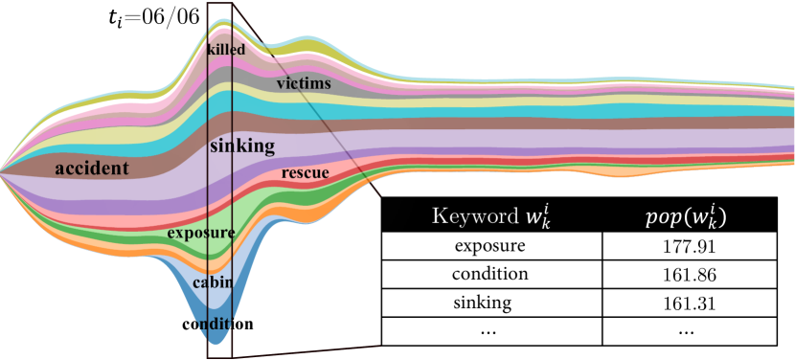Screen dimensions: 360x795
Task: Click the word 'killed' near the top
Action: pyautogui.click(x=226, y=49)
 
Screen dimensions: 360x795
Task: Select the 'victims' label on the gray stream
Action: pyautogui.click(x=304, y=84)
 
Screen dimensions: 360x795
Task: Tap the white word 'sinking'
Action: pyautogui.click(x=242, y=146)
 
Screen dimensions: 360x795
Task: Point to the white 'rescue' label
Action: pyautogui.click(x=306, y=173)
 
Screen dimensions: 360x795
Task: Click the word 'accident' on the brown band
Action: pyautogui.click(x=92, y=169)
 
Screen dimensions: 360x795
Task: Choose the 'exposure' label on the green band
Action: pyautogui.click(x=201, y=233)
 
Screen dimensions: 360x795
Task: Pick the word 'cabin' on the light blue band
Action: pyautogui.click(x=210, y=282)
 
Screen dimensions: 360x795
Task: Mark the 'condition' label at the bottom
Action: pyautogui.click(x=217, y=324)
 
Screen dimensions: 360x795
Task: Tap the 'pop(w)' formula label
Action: pyautogui.click(x=685, y=216)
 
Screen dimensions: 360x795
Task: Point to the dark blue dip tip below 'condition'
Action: pyautogui.click(x=217, y=339)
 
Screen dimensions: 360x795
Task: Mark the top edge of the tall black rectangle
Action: pyautogui.click(x=219, y=4)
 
